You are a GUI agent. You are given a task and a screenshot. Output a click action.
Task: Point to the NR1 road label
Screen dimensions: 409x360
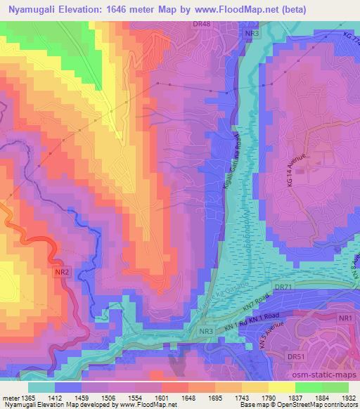[x=345, y=319]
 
